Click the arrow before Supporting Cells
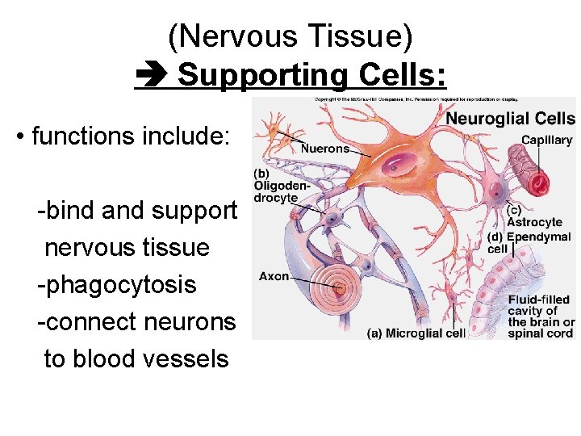tap(151, 75)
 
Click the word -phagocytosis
tap(117, 284)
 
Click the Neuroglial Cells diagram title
tap(510, 119)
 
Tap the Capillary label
tap(546, 140)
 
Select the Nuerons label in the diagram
tap(324, 148)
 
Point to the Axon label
tap(274, 276)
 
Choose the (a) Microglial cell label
tap(416, 333)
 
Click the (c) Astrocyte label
tap(533, 216)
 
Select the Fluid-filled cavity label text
tap(540, 316)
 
